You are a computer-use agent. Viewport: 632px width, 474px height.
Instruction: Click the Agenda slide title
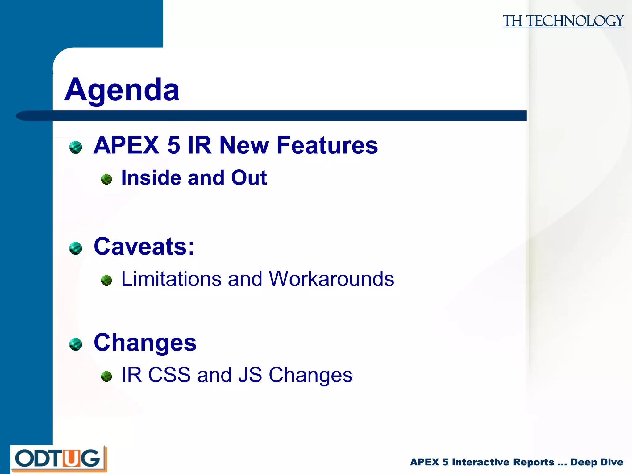[122, 90]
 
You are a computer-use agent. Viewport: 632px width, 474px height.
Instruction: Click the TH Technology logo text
[563, 21]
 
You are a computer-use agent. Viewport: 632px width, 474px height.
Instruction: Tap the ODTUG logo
[58, 459]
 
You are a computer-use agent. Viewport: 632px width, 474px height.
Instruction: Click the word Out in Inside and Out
[249, 178]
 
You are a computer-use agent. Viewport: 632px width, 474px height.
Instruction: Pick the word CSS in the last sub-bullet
[169, 375]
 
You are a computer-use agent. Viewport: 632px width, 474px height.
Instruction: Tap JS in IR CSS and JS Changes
[250, 375]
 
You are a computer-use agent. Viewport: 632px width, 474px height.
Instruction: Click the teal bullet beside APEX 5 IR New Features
[76, 147]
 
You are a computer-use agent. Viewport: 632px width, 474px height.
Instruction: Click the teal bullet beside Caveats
[76, 248]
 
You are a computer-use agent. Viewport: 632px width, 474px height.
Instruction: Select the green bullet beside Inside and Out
[106, 179]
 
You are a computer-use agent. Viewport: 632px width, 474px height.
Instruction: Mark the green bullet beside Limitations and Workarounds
[106, 280]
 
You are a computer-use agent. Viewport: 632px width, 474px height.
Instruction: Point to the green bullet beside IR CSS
[106, 376]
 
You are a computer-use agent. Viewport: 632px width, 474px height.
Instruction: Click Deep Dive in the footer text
[597, 462]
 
